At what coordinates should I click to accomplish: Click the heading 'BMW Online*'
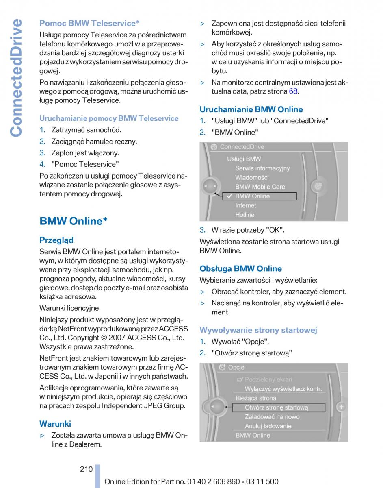coord(74,221)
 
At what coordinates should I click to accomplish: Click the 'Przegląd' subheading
coord(56,240)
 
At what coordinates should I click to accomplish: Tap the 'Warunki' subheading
coord(55,424)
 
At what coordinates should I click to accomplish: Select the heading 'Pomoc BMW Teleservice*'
coord(89,23)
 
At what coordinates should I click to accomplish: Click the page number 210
coord(86,469)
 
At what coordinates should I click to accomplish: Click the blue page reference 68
coord(293,91)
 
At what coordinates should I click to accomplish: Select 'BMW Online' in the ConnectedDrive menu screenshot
coord(252,196)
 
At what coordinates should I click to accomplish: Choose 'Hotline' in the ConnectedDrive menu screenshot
coord(245,215)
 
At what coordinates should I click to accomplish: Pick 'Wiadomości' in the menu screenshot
coord(252,178)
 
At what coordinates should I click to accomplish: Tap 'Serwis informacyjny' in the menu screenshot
coord(262,168)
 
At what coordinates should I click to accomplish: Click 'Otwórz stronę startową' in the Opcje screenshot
coord(276,407)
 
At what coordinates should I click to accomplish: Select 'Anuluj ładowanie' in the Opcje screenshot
coord(268,426)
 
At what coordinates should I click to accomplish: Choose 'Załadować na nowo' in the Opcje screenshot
coord(272,417)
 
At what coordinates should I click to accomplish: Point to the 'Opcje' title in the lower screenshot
coord(236,368)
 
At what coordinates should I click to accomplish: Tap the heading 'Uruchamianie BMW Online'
coord(251,109)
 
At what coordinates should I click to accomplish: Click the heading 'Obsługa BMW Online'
coord(240,269)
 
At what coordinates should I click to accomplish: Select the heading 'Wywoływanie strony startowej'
coord(258,330)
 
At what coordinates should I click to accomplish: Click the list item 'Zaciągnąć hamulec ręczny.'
coord(94,142)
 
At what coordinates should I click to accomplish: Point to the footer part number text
coord(191,481)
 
